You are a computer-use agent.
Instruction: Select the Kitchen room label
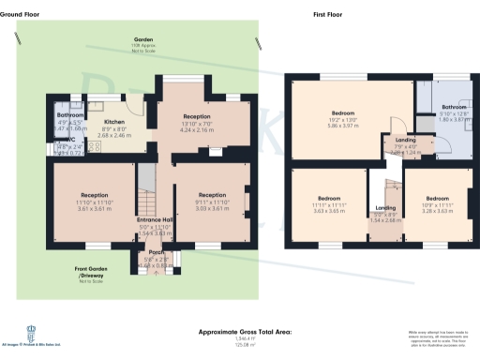click(114, 122)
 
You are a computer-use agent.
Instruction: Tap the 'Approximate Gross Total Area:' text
click(245, 332)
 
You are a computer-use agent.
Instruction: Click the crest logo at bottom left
click(31, 333)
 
